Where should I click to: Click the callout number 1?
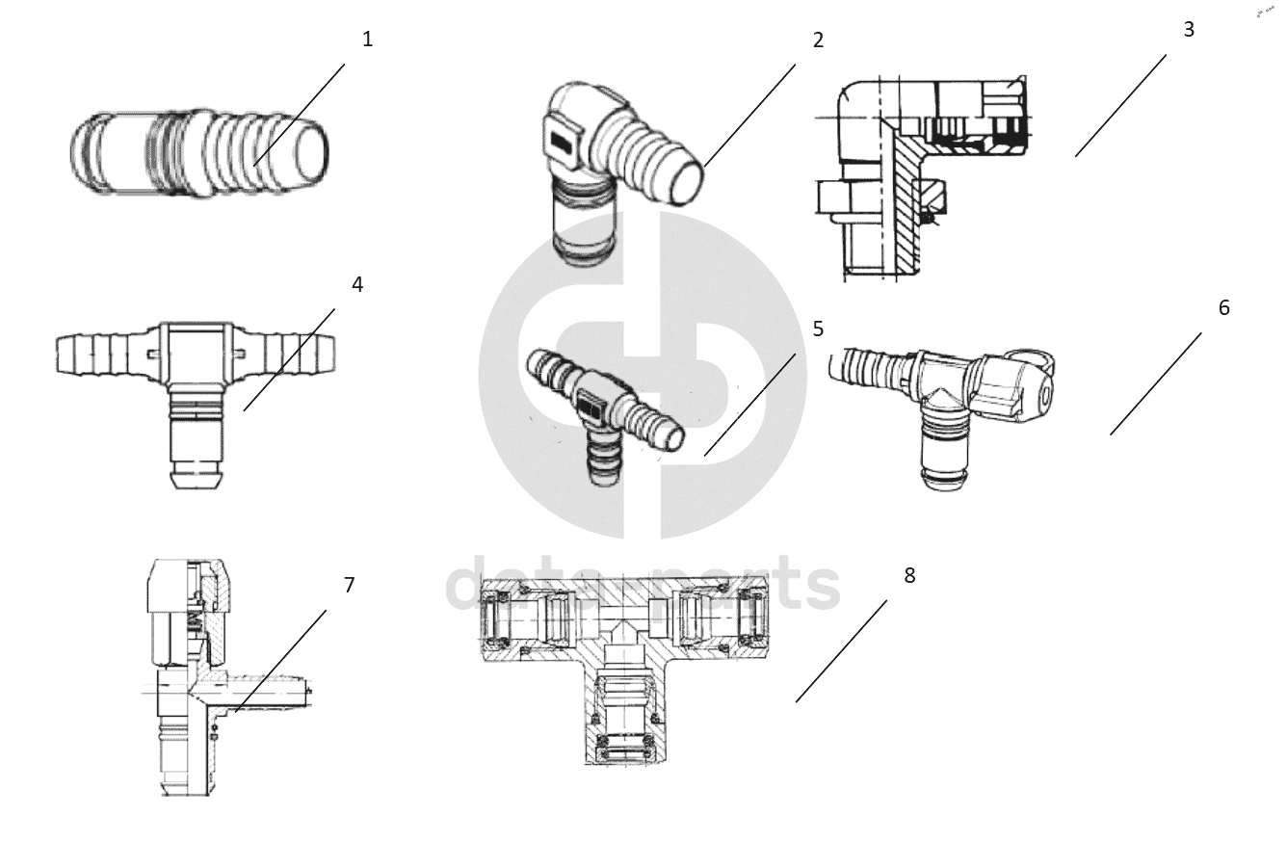click(x=367, y=39)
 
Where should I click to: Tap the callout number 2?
click(x=818, y=40)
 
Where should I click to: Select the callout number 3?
click(x=1189, y=30)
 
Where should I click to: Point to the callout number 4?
click(x=357, y=285)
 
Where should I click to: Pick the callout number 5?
click(x=818, y=329)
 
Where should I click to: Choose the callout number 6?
click(x=1223, y=308)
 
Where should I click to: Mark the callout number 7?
click(x=349, y=585)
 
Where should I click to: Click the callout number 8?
click(x=909, y=576)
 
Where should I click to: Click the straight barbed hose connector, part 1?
click(x=197, y=154)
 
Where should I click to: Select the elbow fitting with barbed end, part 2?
click(x=617, y=164)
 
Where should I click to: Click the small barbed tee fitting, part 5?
click(x=602, y=405)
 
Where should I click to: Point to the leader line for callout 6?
click(x=1155, y=383)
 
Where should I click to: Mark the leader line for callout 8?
click(x=841, y=651)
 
